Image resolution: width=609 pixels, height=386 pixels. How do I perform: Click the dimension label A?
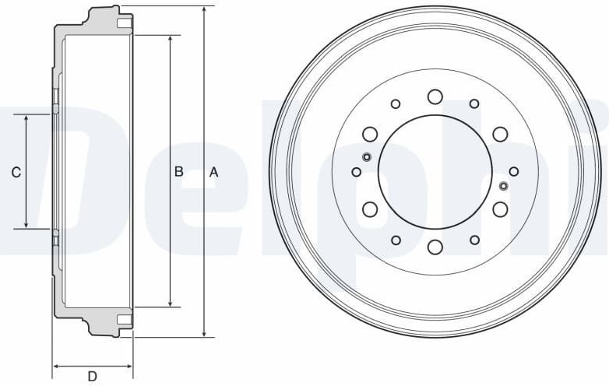[214, 173]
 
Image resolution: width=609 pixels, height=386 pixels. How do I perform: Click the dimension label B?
[178, 172]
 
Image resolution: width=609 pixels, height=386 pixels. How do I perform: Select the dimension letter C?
[16, 173]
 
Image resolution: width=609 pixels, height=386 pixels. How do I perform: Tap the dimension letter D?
[92, 377]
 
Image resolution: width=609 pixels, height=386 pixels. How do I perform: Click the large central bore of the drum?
[435, 172]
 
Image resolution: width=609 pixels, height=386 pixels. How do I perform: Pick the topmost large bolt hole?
[435, 96]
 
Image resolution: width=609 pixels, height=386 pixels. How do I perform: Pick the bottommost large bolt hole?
[435, 247]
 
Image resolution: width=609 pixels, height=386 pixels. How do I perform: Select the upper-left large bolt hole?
[370, 134]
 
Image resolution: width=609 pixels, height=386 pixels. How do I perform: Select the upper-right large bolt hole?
[500, 134]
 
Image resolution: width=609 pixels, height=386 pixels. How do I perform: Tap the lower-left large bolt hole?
[370, 209]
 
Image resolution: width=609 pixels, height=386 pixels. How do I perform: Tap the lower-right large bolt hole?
[500, 209]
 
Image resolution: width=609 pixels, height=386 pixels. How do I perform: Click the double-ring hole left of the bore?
[367, 157]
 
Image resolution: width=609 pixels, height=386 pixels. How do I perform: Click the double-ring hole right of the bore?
[503, 185]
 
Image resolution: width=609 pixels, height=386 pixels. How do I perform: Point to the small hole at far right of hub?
[514, 171]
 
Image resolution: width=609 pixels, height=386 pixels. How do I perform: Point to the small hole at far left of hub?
[356, 172]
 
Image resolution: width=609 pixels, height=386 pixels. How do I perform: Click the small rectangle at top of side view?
[123, 24]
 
